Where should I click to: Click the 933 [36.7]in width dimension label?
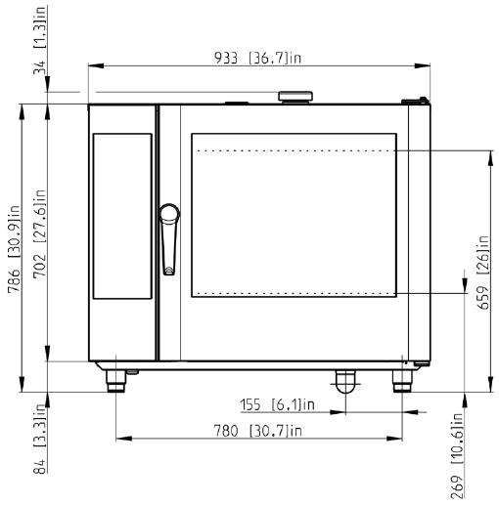click(257, 58)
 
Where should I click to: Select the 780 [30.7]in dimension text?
click(257, 431)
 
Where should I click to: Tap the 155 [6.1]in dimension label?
click(278, 404)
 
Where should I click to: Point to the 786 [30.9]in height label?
click(14, 249)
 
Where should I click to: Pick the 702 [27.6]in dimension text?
click(40, 233)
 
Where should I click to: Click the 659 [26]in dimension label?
click(483, 273)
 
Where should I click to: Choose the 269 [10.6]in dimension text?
click(457, 455)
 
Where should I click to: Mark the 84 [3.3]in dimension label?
click(40, 439)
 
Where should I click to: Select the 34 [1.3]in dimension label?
click(40, 40)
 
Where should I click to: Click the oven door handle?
click(169, 239)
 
